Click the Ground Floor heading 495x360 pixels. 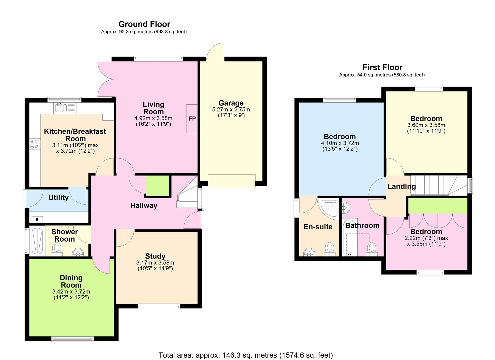click(144, 24)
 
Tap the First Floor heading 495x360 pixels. click(383, 67)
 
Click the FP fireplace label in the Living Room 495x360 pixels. click(192, 119)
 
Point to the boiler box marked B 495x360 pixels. click(37, 219)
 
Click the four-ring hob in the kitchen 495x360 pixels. click(35, 144)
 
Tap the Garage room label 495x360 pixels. click(231, 103)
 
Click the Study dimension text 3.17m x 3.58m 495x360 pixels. click(155, 263)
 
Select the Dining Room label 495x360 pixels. click(71, 281)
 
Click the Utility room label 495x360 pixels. click(58, 197)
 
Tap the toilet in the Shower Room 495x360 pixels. click(57, 249)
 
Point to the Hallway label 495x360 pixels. click(144, 206)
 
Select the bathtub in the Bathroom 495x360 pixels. click(350, 238)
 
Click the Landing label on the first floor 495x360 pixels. click(402, 187)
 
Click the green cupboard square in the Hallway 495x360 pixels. click(158, 186)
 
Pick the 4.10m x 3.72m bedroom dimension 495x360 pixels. click(340, 143)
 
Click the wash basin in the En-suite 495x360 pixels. click(309, 252)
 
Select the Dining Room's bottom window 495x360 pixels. click(72, 339)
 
